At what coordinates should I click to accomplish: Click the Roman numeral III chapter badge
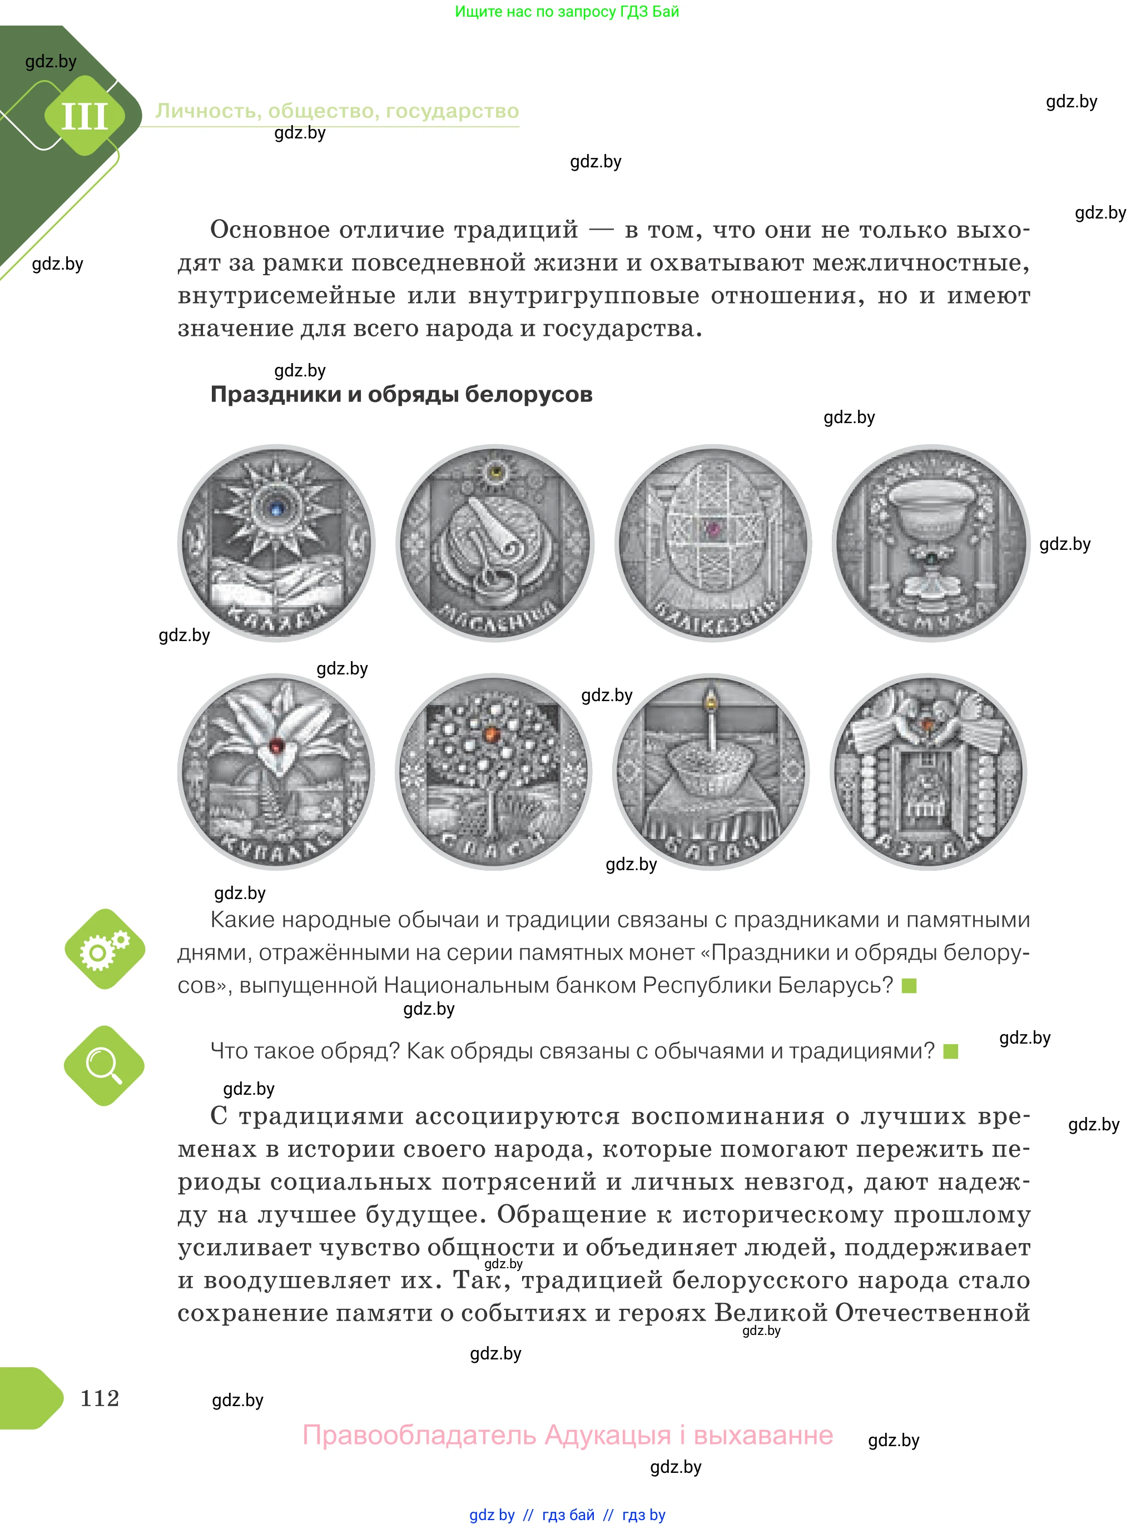point(85,116)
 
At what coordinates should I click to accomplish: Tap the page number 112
point(100,1398)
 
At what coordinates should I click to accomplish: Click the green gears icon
point(105,950)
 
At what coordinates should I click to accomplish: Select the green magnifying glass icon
point(104,1066)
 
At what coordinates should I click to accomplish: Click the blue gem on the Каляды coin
point(276,509)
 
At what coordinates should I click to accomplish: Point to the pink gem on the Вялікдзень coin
point(713,529)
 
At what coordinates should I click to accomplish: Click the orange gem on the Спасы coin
point(490,734)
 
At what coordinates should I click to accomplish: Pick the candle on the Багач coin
point(711,722)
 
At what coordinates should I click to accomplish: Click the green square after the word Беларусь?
point(909,986)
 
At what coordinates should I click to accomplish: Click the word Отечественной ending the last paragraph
point(932,1313)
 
